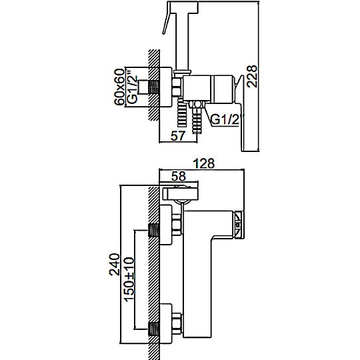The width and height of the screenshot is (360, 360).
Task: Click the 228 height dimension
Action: (251, 76)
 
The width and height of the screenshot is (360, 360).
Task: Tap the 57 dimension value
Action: (178, 135)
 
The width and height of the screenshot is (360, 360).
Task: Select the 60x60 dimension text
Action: (119, 87)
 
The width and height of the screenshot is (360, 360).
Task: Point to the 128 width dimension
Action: (203, 163)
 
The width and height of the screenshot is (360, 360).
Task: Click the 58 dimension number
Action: (179, 176)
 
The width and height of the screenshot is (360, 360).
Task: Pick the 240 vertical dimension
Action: (115, 264)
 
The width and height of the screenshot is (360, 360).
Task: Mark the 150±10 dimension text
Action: (129, 279)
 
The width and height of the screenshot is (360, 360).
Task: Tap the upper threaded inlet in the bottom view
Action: (154, 231)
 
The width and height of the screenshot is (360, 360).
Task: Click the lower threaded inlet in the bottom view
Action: (154, 330)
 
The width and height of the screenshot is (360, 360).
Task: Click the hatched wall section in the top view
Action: (154, 85)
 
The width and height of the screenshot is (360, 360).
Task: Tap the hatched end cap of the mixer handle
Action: (239, 224)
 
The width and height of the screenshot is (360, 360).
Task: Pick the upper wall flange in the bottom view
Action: (165, 225)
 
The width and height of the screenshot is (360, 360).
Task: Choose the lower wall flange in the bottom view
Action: (165, 323)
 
